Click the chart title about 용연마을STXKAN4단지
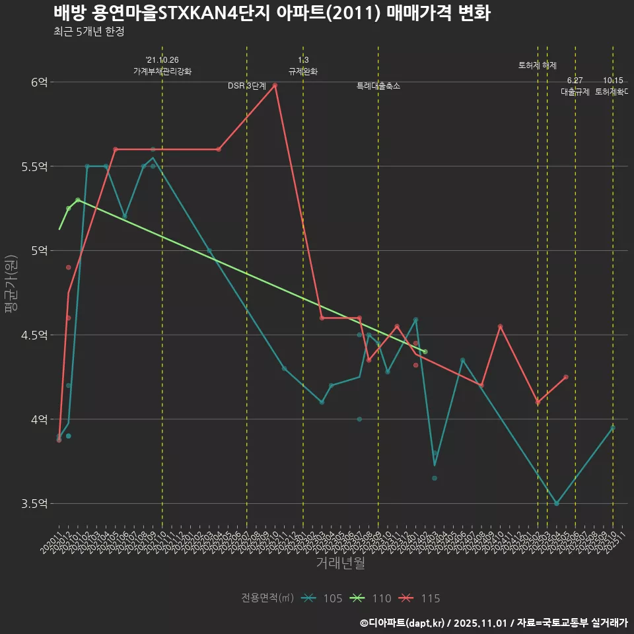pos(271,13)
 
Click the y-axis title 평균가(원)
pos(13,284)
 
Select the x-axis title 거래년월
pos(340,563)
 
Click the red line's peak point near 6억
pos(275,85)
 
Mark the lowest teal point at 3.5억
pos(557,504)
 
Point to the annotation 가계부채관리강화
pos(162,71)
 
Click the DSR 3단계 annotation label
pos(247,86)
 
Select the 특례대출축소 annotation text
pos(378,86)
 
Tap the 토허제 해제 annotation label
pos(538,65)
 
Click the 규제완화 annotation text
pos(303,71)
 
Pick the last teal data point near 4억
pos(613,428)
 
